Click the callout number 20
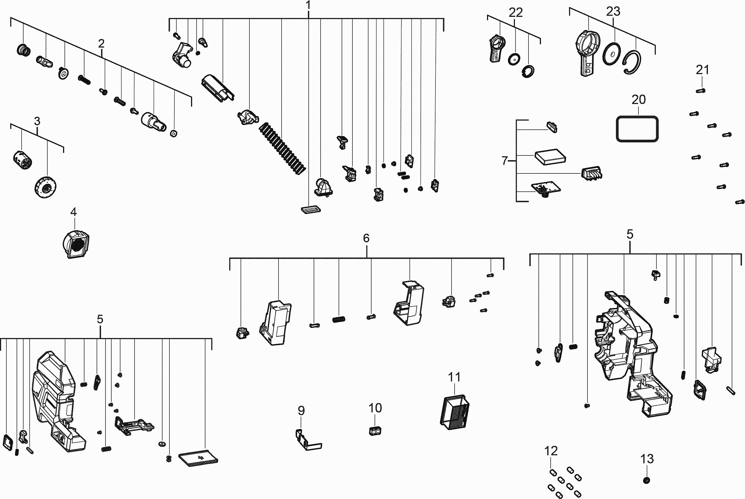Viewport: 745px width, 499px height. click(x=638, y=100)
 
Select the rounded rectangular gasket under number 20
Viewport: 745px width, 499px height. click(x=637, y=129)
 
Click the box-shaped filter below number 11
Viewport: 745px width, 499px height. click(x=455, y=413)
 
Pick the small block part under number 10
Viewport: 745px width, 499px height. click(x=375, y=431)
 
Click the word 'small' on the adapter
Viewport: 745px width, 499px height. click(x=495, y=58)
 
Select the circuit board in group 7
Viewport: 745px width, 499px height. click(x=545, y=188)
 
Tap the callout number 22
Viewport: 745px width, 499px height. click(x=516, y=13)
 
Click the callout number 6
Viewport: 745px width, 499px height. click(x=366, y=238)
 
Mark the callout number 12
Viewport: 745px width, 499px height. click(x=551, y=451)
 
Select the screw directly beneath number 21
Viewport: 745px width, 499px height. click(x=700, y=91)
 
